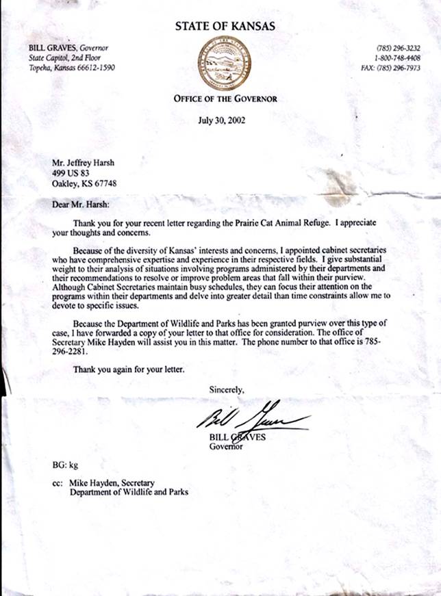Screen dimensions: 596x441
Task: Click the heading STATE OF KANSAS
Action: (x=225, y=27)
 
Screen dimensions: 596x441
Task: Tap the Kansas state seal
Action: (x=225, y=63)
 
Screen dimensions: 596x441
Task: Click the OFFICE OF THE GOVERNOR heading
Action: (x=225, y=99)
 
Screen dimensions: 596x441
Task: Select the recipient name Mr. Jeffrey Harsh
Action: (x=85, y=163)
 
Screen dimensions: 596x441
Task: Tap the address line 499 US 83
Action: (x=70, y=173)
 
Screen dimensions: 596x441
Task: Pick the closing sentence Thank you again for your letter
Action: (x=128, y=370)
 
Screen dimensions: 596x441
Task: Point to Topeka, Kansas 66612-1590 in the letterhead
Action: (x=72, y=68)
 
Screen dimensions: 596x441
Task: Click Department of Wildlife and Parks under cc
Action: (x=129, y=491)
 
